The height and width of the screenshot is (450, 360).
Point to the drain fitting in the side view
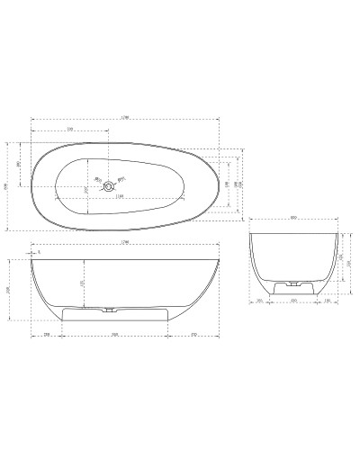109,310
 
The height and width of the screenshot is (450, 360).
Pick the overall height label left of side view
9,289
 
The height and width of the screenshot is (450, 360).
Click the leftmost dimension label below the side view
47,335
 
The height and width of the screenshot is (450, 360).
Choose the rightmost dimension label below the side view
193,335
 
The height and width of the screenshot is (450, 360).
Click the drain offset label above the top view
70,131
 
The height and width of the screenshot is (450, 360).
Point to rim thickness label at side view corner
40,253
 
